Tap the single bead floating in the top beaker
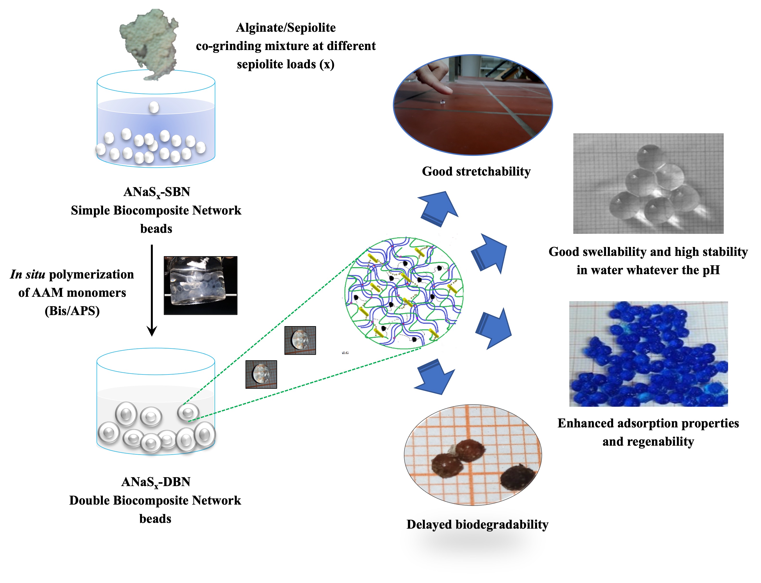154,107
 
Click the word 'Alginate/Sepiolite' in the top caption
286,28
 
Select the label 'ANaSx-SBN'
157,192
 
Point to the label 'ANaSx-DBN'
156,482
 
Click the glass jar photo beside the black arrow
200,285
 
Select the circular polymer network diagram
404,292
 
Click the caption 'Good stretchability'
476,171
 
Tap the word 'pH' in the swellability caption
711,270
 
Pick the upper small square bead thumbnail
300,340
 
